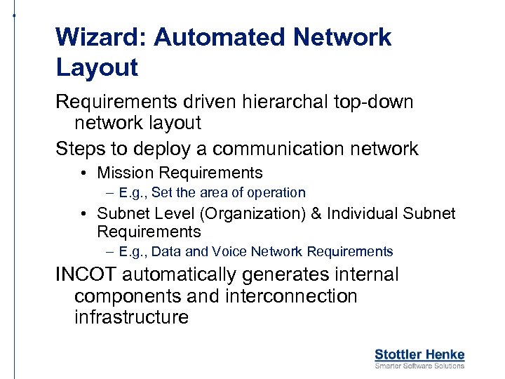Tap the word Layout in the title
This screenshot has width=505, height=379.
click(x=97, y=68)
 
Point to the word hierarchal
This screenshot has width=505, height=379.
click(x=276, y=102)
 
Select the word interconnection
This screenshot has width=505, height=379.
click(x=292, y=296)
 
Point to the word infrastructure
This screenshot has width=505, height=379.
click(x=131, y=317)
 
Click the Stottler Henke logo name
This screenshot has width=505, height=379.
click(x=419, y=354)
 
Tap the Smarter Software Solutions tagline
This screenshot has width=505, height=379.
click(x=419, y=366)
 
